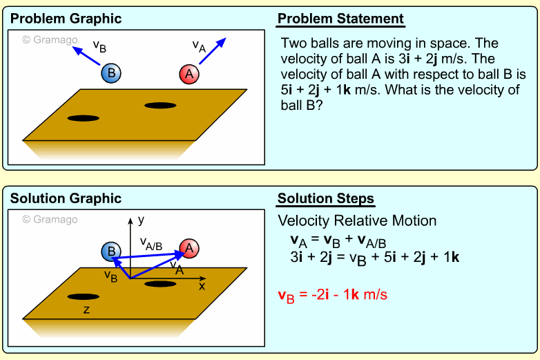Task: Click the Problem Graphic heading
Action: (66, 19)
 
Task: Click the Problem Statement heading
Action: (340, 19)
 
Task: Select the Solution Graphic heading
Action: (66, 198)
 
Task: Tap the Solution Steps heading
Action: (326, 199)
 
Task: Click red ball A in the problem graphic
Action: (189, 74)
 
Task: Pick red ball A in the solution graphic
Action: (189, 248)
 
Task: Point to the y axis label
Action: (141, 220)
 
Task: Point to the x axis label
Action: (202, 285)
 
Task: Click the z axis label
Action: (86, 310)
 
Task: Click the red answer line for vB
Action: (332, 295)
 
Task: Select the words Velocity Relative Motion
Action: (357, 221)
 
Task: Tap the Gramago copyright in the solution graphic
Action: (50, 220)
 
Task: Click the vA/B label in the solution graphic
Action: (151, 242)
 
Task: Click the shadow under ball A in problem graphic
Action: (160, 105)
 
